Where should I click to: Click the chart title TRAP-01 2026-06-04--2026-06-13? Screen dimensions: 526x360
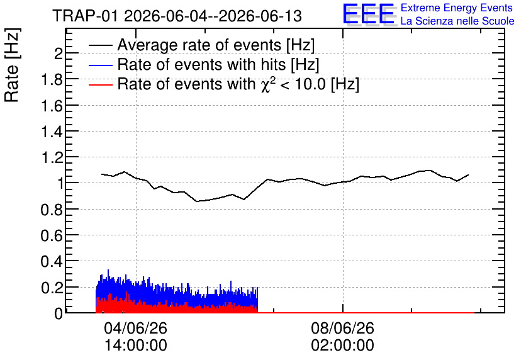[177, 16]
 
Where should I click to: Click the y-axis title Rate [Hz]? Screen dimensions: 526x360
[12, 65]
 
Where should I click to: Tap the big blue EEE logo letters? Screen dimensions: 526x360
[369, 14]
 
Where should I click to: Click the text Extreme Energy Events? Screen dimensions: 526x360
[457, 8]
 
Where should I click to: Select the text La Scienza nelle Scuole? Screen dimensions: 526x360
[457, 21]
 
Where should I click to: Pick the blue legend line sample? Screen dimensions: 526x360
[101, 65]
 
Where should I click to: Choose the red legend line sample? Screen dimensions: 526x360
[101, 84]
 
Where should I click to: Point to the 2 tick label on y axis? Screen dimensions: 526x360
[59, 53]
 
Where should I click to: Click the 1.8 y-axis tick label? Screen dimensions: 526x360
[52, 79]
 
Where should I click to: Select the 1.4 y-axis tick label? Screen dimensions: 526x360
[52, 132]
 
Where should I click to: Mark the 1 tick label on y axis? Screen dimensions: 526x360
[60, 184]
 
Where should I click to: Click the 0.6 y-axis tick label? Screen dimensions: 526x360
[52, 235]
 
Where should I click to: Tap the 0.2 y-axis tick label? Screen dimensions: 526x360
[52, 288]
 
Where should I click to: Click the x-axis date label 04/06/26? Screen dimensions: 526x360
[135, 328]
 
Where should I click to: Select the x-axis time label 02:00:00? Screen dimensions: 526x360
[342, 346]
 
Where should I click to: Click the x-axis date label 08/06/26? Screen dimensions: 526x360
[342, 328]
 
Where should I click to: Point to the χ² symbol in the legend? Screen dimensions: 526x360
[268, 84]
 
